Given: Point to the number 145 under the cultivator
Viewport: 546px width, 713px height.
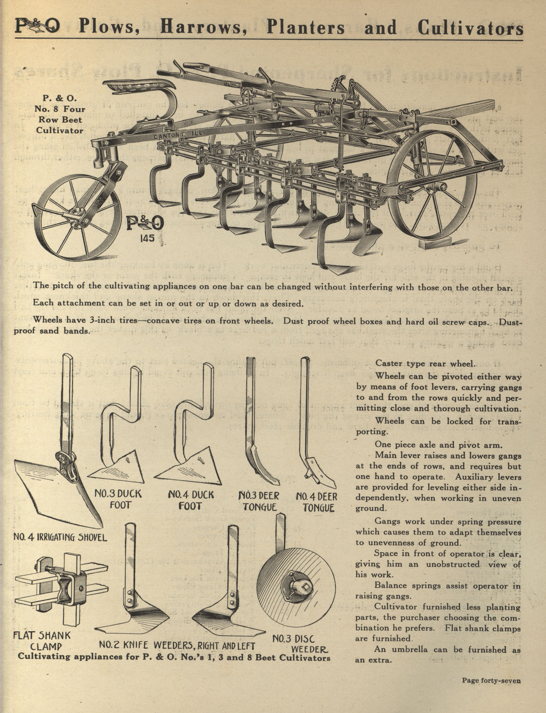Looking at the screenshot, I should pyautogui.click(x=147, y=238).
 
